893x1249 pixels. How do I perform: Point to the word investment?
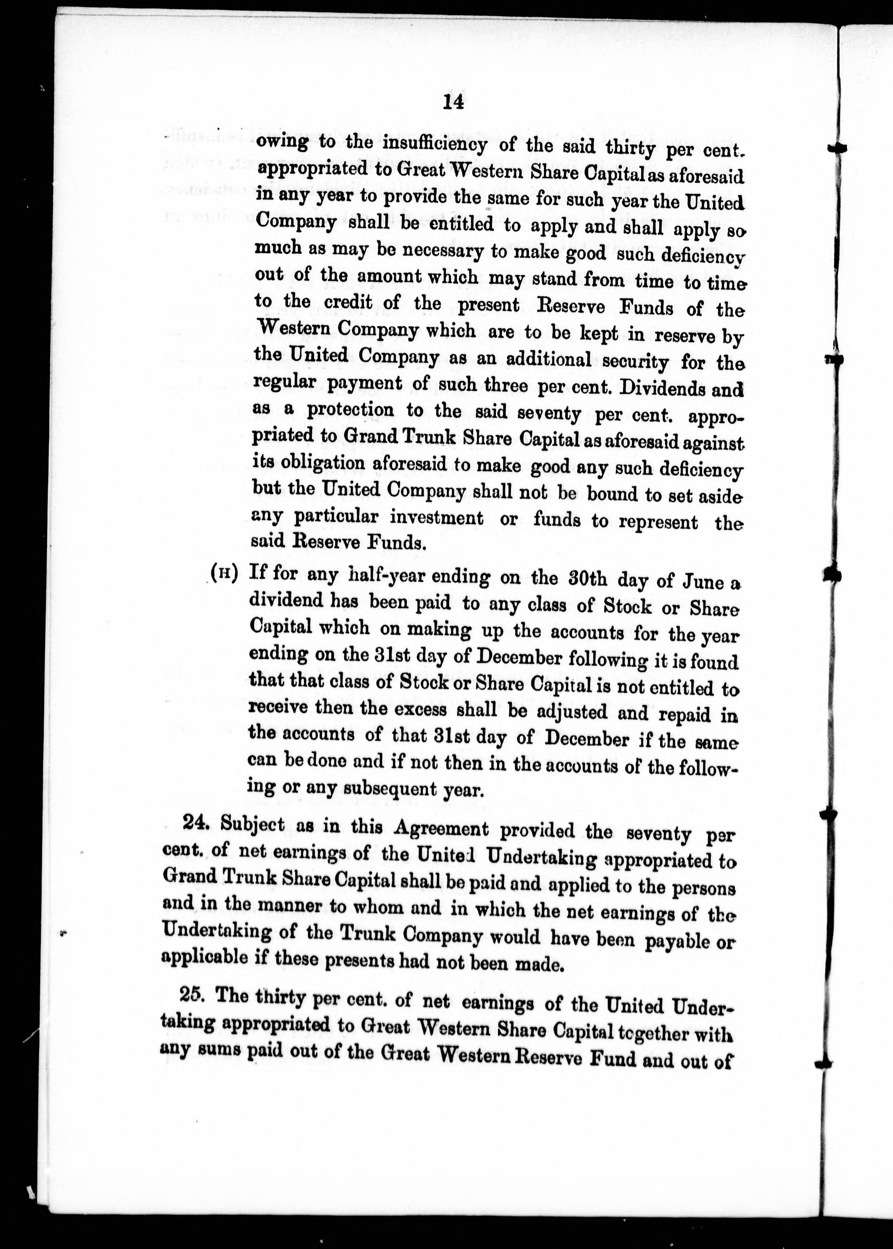pos(437,518)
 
